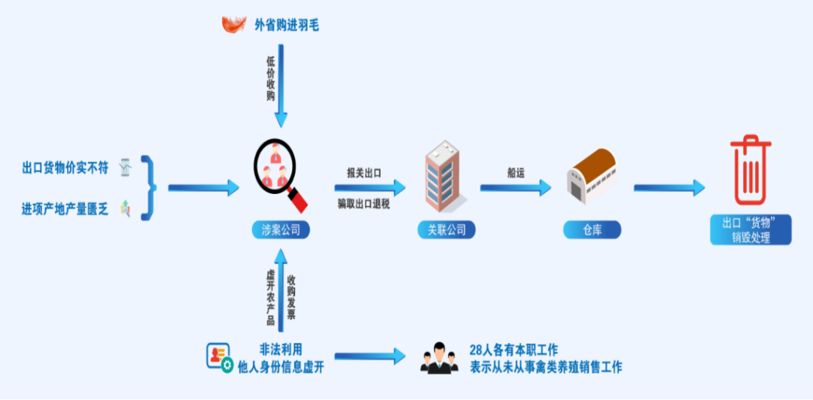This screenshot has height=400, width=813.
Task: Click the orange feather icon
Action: pos(234,25)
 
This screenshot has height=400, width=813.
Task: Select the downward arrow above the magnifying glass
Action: pos(281,90)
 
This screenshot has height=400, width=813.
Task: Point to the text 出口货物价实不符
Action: pos(65,168)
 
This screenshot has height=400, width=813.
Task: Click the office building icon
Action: pos(446,177)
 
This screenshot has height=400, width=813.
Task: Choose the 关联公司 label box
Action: pos(446,230)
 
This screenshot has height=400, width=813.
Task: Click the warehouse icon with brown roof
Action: pos(592,177)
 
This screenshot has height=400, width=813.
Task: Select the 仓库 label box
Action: pos(592,230)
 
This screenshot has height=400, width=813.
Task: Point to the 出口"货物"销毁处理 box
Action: pos(751,230)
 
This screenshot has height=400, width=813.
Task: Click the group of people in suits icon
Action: pos(439,359)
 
